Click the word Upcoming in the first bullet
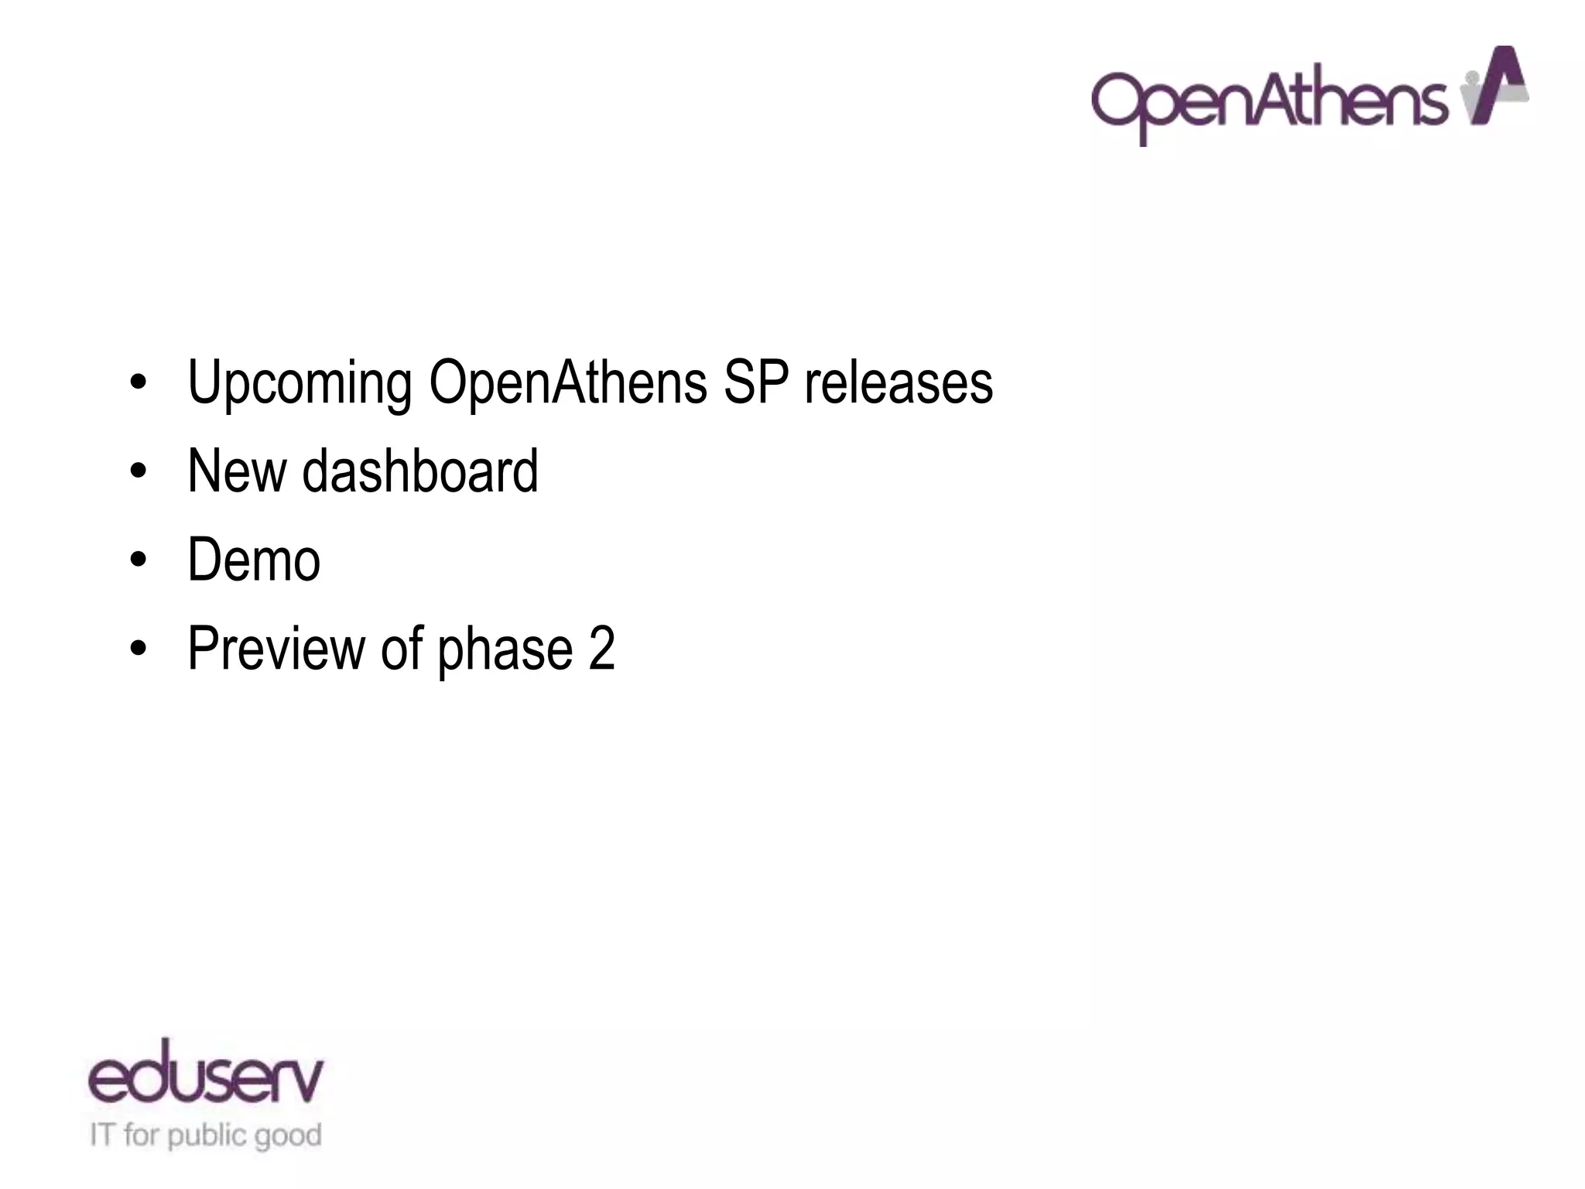[x=300, y=383]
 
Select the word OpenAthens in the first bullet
[x=567, y=382]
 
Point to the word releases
[x=898, y=382]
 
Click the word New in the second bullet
[x=235, y=471]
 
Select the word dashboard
[x=419, y=471]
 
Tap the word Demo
[x=254, y=560]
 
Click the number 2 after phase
[x=601, y=648]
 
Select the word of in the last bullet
[x=402, y=648]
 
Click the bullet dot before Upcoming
[x=138, y=383]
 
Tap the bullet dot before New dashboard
[x=138, y=471]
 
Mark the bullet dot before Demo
[x=138, y=560]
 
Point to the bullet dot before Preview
[x=138, y=649]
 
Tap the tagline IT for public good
[x=205, y=1136]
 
